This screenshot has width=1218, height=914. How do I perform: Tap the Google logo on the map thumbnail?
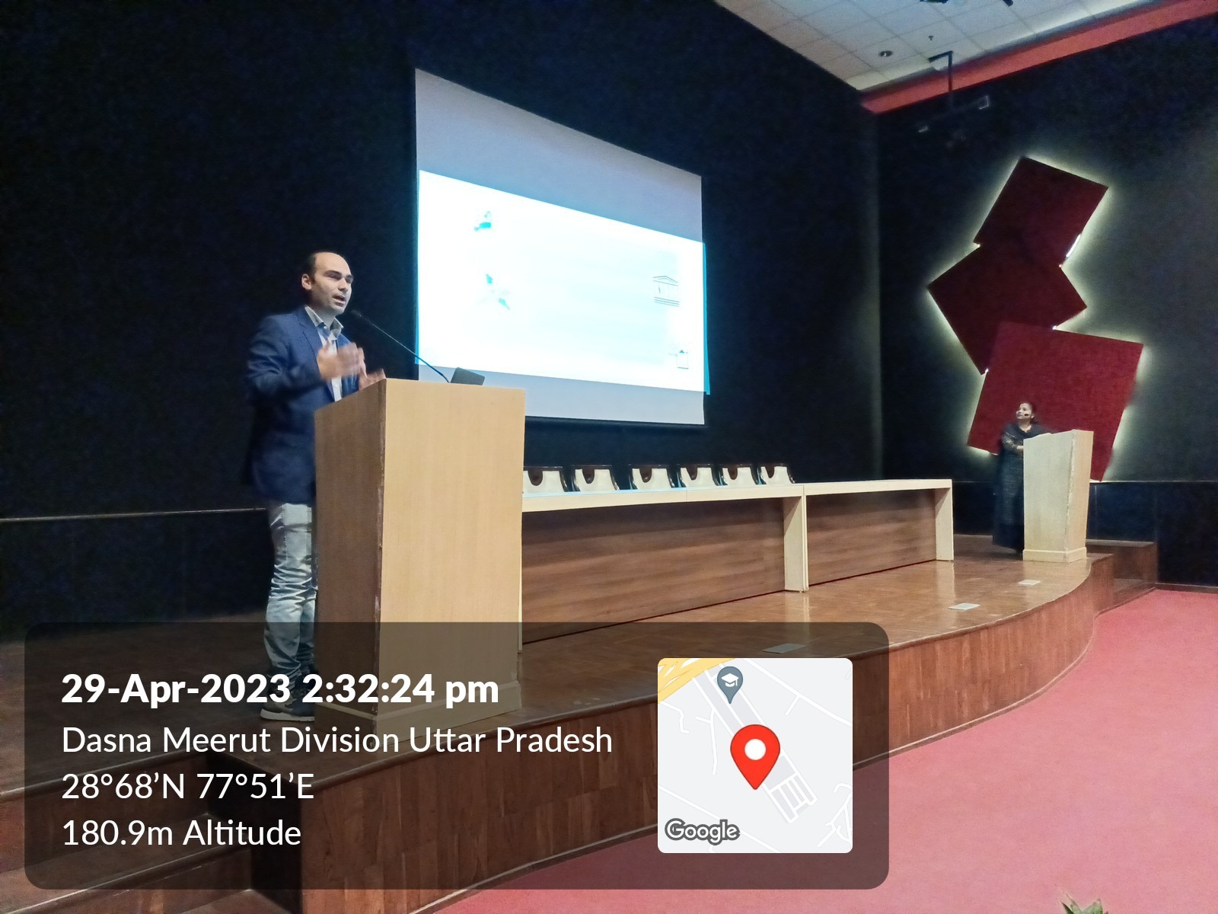[702, 831]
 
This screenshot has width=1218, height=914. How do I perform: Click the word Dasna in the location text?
[107, 740]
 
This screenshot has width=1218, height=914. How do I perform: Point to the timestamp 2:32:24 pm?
[400, 689]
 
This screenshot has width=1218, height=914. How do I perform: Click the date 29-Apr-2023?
[175, 689]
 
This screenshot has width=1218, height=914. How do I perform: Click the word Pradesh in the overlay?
[553, 740]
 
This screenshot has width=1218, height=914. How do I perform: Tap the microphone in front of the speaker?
[400, 345]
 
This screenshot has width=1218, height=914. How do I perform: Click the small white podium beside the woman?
[1057, 495]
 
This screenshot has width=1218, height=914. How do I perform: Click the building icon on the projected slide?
[665, 289]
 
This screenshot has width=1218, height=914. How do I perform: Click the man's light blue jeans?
[290, 588]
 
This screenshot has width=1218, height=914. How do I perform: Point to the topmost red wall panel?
[1041, 206]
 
